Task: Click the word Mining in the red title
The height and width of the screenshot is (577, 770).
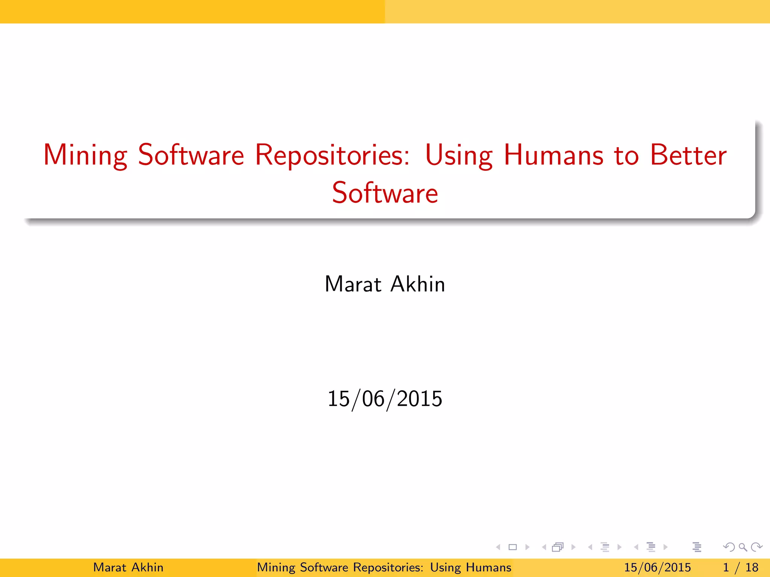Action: [85, 155]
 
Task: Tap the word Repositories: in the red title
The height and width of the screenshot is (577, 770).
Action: [332, 155]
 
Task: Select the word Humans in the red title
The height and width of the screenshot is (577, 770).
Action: [553, 155]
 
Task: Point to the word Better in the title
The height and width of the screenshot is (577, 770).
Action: [688, 155]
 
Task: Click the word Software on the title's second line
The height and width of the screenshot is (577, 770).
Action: [385, 193]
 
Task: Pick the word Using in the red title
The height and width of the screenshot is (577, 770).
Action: [459, 155]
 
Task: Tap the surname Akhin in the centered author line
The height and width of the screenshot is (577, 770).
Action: [418, 284]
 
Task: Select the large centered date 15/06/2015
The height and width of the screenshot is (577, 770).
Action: [385, 399]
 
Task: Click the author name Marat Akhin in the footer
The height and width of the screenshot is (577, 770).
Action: [128, 567]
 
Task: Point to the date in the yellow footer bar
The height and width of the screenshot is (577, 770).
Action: [658, 567]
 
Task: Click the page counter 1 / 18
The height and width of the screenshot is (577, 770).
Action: [741, 567]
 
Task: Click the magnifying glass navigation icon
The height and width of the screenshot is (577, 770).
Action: [743, 547]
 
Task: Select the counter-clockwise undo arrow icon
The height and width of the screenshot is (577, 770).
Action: [729, 547]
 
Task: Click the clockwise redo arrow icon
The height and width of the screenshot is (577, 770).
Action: [756, 547]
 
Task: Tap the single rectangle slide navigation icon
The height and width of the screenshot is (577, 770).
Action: [512, 547]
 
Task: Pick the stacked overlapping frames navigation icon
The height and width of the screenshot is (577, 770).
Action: [558, 547]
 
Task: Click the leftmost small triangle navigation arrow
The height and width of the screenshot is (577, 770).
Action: [498, 547]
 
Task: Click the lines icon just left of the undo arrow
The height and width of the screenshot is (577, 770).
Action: [697, 547]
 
